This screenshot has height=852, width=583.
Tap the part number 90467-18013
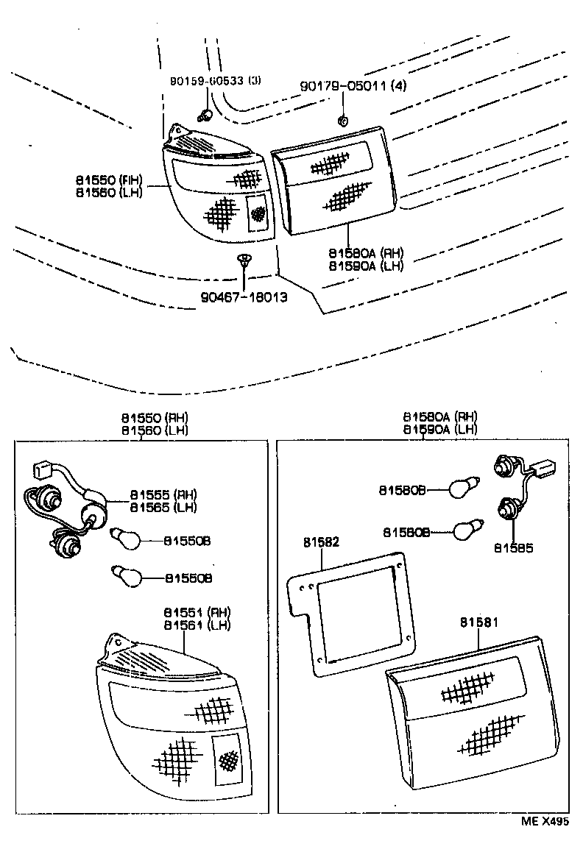click(x=243, y=298)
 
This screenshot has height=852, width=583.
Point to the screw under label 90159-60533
click(x=206, y=114)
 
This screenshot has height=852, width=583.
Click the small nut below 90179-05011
click(x=342, y=119)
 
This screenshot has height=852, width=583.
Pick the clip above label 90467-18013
click(x=243, y=260)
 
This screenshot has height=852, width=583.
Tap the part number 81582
click(x=321, y=542)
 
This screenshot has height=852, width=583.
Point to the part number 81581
click(x=480, y=622)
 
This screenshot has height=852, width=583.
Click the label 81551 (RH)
click(x=197, y=612)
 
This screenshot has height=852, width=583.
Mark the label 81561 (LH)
click(x=197, y=625)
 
